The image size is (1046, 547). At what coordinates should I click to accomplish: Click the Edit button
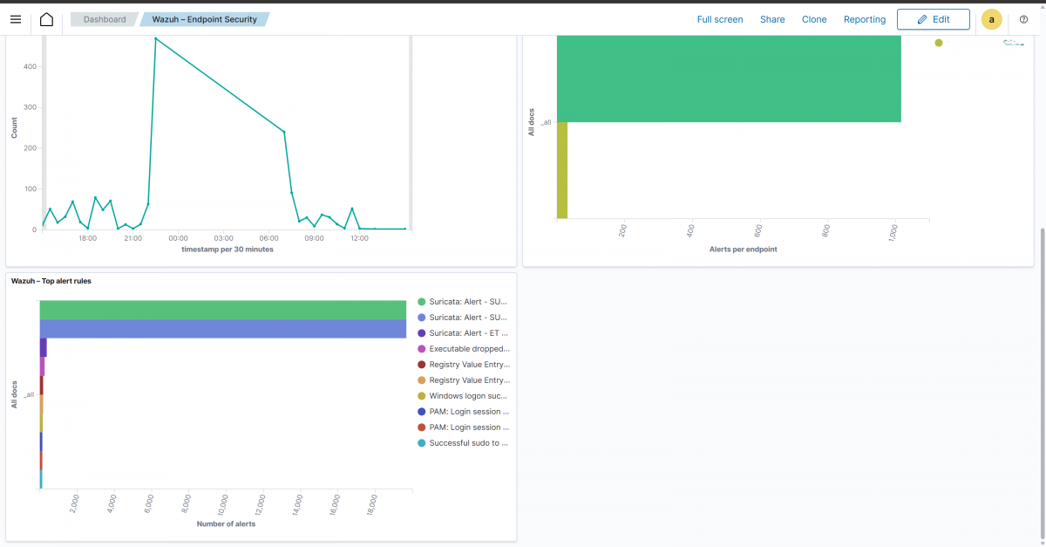click(x=933, y=19)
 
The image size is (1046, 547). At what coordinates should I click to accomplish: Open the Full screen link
click(x=720, y=19)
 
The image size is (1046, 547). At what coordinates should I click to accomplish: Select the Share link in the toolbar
click(x=772, y=19)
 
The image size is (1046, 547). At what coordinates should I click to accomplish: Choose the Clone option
click(x=814, y=19)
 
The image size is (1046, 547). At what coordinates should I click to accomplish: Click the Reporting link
click(x=865, y=19)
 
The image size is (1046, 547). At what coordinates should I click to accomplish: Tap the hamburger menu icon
click(x=16, y=19)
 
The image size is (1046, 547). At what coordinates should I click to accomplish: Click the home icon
click(x=46, y=19)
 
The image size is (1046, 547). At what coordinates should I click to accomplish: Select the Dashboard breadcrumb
click(x=105, y=19)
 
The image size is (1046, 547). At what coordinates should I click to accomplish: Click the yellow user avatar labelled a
click(x=991, y=19)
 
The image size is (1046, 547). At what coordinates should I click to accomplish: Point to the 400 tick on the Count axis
click(x=30, y=66)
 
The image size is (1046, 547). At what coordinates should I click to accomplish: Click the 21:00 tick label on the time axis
click(x=132, y=237)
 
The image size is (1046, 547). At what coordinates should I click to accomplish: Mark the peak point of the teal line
click(x=155, y=38)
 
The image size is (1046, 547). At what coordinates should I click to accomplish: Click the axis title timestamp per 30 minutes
click(x=227, y=250)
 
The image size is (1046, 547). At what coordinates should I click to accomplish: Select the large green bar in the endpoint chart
click(x=728, y=79)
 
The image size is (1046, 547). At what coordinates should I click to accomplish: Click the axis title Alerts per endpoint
click(x=743, y=250)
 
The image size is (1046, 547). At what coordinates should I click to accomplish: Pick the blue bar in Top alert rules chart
click(x=222, y=329)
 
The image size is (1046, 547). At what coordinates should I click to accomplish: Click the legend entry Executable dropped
click(x=469, y=349)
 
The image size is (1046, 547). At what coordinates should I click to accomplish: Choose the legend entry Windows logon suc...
click(x=469, y=396)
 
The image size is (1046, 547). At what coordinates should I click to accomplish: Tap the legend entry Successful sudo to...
click(x=469, y=443)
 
